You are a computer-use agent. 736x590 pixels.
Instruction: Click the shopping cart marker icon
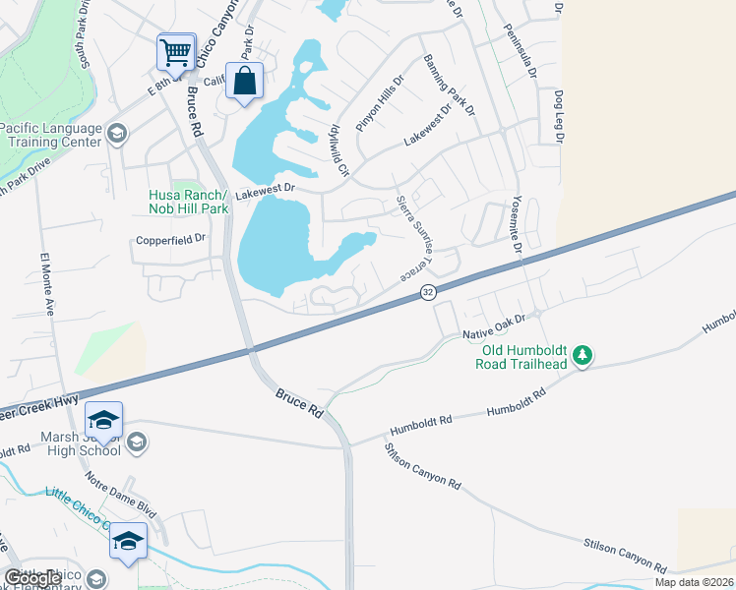click(175, 51)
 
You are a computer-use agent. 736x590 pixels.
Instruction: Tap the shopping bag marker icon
click(245, 82)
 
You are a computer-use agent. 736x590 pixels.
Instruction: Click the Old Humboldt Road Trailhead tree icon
click(583, 354)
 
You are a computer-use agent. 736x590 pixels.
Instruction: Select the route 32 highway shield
click(427, 292)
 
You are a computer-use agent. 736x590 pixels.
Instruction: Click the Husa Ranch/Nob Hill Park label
click(188, 202)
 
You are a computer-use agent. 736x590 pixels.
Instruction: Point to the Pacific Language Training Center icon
click(116, 134)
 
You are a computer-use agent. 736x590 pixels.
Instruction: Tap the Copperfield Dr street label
click(171, 238)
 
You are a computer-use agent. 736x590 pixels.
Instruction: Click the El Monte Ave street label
click(47, 284)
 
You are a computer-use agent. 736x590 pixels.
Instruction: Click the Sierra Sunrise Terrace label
click(411, 238)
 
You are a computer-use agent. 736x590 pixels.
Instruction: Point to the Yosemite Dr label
click(516, 226)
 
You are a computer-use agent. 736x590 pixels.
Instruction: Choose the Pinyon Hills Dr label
click(380, 105)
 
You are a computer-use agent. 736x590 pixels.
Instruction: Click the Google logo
click(33, 579)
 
